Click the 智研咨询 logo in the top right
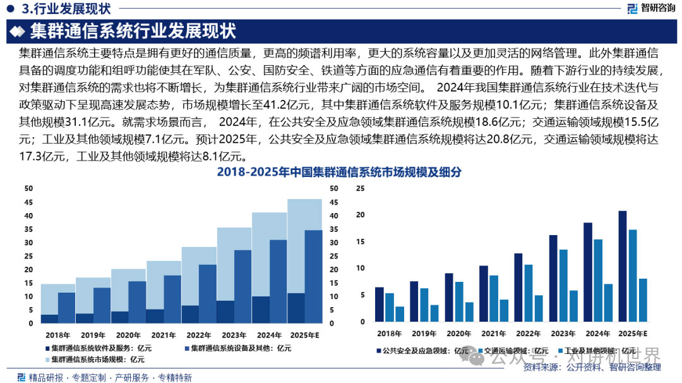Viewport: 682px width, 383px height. tap(650, 8)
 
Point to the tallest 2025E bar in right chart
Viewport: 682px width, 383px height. tap(623, 266)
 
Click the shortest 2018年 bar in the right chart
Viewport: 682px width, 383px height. tap(399, 314)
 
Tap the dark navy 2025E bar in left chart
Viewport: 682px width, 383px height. tap(296, 308)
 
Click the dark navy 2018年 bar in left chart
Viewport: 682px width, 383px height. tap(49, 319)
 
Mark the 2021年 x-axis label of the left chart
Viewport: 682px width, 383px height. tap(164, 335)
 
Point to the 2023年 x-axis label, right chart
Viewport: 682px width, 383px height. tap(563, 333)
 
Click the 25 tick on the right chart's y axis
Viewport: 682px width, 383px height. tap(361, 188)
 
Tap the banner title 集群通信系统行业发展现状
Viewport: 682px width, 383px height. tap(133, 30)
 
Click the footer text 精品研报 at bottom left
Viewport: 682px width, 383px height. tap(46, 377)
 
